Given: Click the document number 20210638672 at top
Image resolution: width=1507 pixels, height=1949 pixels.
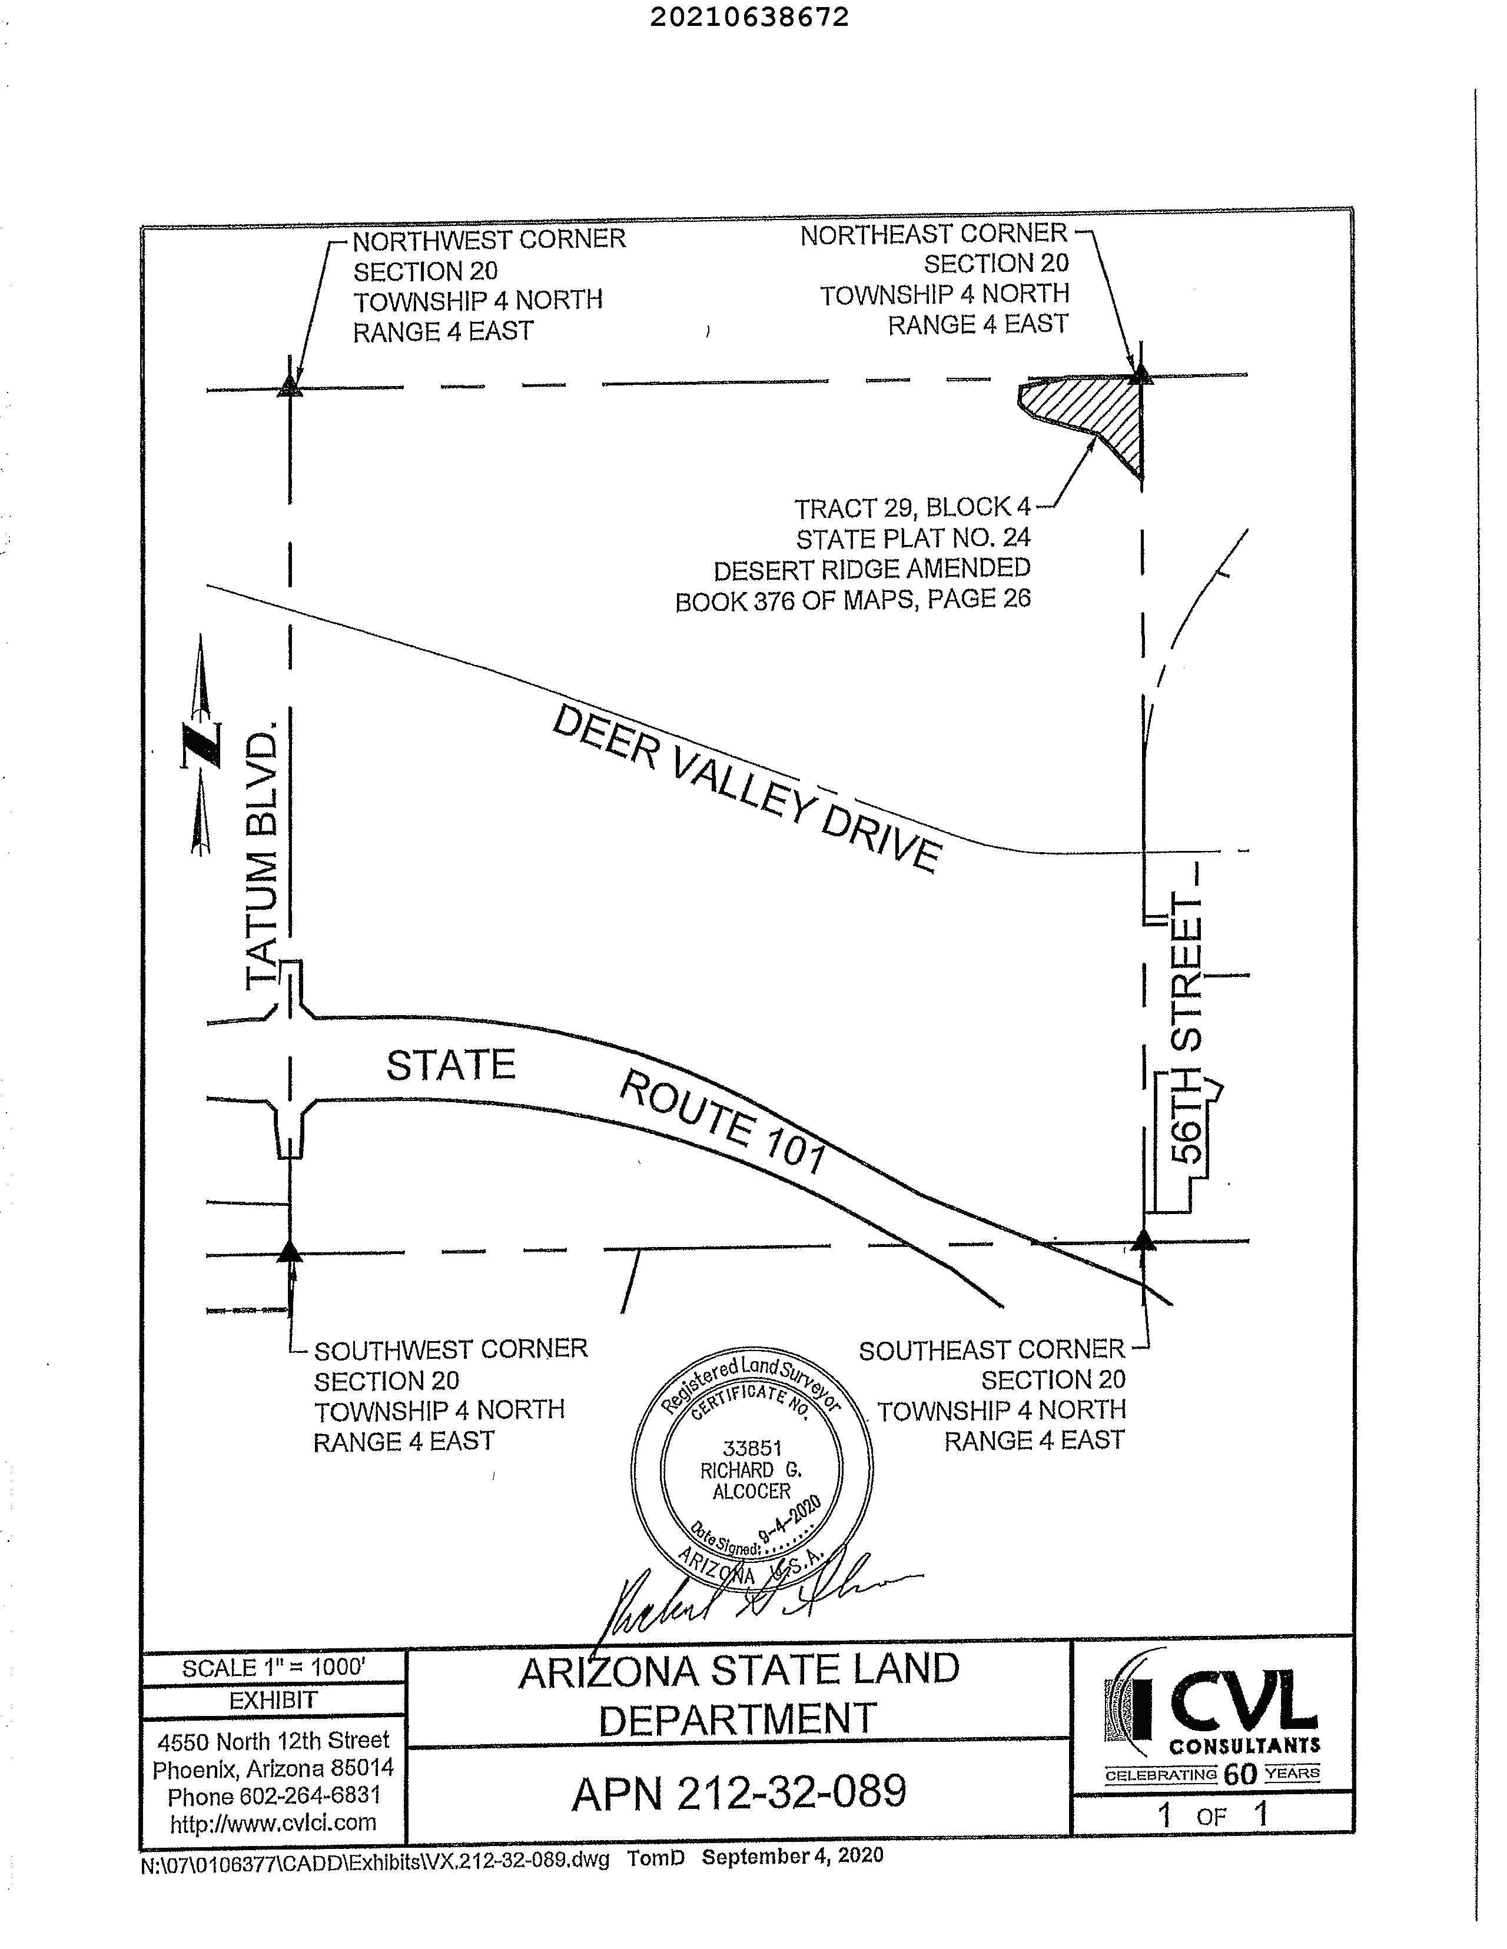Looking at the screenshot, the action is [748, 18].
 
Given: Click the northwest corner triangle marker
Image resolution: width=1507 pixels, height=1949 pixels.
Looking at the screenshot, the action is [288, 387].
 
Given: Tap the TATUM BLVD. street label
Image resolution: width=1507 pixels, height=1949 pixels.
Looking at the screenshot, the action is [261, 855].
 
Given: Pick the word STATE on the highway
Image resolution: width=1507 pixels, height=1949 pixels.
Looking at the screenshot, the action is [451, 1065].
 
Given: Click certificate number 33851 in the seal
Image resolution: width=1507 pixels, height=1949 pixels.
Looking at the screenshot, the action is [752, 1448].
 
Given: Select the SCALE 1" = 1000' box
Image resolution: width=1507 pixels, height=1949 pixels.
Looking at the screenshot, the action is [273, 1668].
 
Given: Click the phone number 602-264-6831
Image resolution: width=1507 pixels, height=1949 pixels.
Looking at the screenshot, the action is [274, 1795].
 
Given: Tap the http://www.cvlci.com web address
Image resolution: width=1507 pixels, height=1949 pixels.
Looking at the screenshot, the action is [273, 1822].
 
